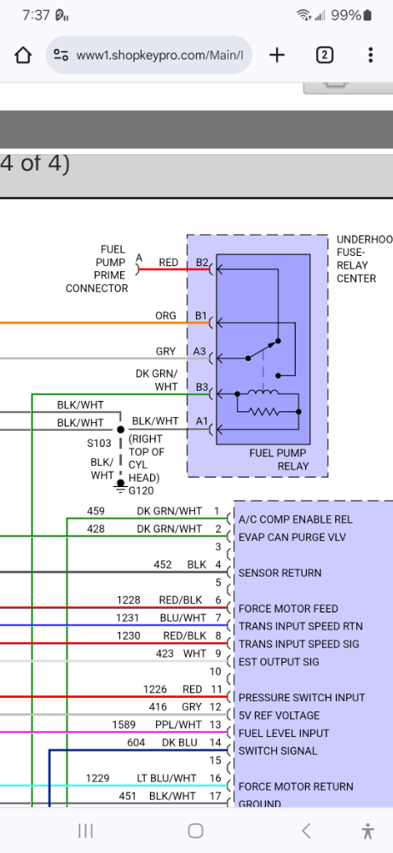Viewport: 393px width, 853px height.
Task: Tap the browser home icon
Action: (23, 55)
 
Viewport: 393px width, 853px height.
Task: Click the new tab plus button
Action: (277, 55)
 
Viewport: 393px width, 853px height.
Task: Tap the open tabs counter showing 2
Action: (324, 55)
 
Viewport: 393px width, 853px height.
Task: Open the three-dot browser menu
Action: (370, 55)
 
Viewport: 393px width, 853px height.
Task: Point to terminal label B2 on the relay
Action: (201, 263)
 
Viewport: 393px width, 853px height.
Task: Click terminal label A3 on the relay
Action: (201, 351)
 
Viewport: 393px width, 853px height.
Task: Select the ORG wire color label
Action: (165, 316)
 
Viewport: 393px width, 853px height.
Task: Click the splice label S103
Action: (99, 444)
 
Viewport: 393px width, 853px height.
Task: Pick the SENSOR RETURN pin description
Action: (280, 573)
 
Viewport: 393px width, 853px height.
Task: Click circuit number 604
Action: (136, 743)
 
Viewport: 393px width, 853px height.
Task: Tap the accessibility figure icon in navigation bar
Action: (367, 831)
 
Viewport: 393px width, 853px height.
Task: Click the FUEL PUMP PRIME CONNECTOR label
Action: (97, 269)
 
